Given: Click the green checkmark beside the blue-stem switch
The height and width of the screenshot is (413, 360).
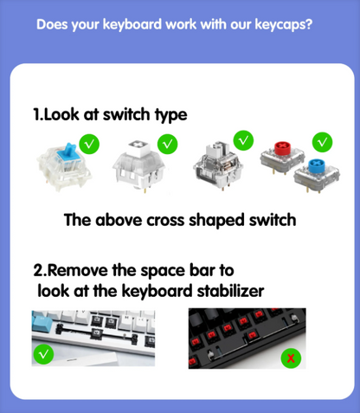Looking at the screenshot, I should tap(89, 141).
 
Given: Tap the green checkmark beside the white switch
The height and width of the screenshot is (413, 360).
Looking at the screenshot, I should tap(168, 143).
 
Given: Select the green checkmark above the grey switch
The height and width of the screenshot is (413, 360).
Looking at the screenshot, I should tap(244, 138).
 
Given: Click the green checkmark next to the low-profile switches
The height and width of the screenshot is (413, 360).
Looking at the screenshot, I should tap(322, 139).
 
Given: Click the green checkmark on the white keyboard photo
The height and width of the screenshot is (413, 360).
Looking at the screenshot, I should tap(42, 354).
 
